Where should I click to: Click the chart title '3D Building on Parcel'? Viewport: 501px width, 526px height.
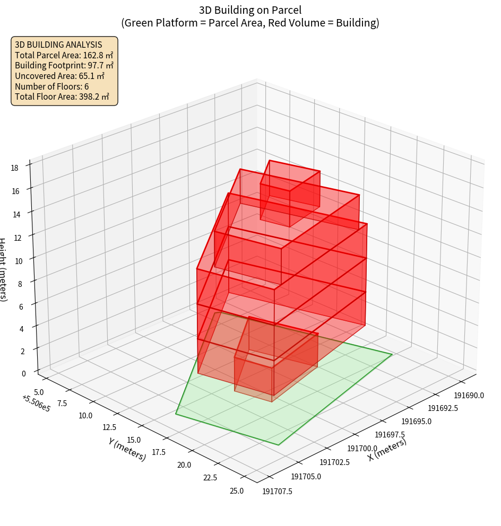pyautogui.click(x=250, y=10)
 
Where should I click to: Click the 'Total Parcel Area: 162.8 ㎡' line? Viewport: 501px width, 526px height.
pyautogui.click(x=64, y=55)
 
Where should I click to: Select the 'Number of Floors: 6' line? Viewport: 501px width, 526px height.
pyautogui.click(x=52, y=86)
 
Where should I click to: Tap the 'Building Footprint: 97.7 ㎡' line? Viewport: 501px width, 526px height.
pyautogui.click(x=64, y=66)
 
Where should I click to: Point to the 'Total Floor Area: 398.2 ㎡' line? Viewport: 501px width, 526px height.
pyautogui.click(x=62, y=97)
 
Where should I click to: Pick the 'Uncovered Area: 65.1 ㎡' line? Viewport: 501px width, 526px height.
pyautogui.click(x=59, y=76)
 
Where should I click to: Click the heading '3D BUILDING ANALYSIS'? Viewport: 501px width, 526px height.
pyautogui.click(x=58, y=45)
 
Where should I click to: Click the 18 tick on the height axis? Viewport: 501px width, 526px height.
pyautogui.click(x=14, y=168)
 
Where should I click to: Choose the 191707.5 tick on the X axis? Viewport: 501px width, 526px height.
pyautogui.click(x=277, y=492)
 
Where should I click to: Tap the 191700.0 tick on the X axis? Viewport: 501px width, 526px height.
pyautogui.click(x=362, y=449)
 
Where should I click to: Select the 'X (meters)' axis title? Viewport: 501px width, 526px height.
pyautogui.click(x=387, y=449)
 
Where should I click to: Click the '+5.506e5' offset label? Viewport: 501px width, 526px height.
pyautogui.click(x=36, y=404)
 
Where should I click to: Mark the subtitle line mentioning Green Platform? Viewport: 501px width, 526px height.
pyautogui.click(x=250, y=23)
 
